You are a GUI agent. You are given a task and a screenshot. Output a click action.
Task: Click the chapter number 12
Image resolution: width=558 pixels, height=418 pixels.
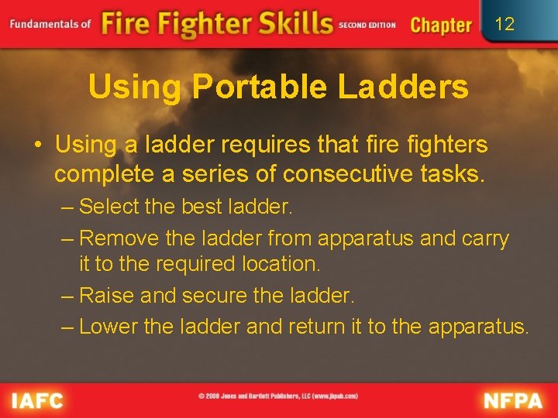point(504,24)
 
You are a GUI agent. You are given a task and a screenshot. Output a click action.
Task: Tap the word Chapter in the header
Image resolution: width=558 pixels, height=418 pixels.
point(440,25)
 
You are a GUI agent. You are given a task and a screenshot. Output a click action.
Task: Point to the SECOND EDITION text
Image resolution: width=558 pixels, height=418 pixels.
point(367,26)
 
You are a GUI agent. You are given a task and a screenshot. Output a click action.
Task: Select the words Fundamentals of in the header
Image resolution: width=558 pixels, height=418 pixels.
point(50,23)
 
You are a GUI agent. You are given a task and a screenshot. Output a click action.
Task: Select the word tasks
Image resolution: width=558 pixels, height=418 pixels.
point(456,174)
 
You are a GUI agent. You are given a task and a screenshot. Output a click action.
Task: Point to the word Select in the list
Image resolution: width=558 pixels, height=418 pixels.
point(108,207)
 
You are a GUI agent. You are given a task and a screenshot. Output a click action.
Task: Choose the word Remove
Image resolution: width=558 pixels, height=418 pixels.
point(114,238)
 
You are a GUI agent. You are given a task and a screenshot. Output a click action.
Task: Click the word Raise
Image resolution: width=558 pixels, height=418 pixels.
point(105,295)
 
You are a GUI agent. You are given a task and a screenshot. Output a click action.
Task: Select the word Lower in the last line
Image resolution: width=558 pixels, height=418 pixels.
point(108,327)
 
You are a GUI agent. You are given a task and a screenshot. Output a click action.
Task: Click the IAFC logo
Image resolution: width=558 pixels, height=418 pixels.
point(37,400)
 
